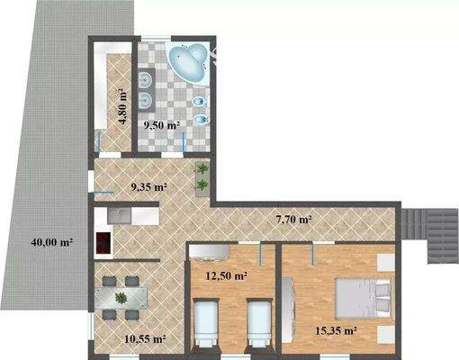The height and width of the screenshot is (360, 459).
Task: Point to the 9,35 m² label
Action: [149, 188]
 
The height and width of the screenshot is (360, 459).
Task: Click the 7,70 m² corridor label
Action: [293, 219]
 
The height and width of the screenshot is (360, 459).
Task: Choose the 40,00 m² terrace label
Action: [52, 241]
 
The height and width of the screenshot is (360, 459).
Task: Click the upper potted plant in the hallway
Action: [203, 170]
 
